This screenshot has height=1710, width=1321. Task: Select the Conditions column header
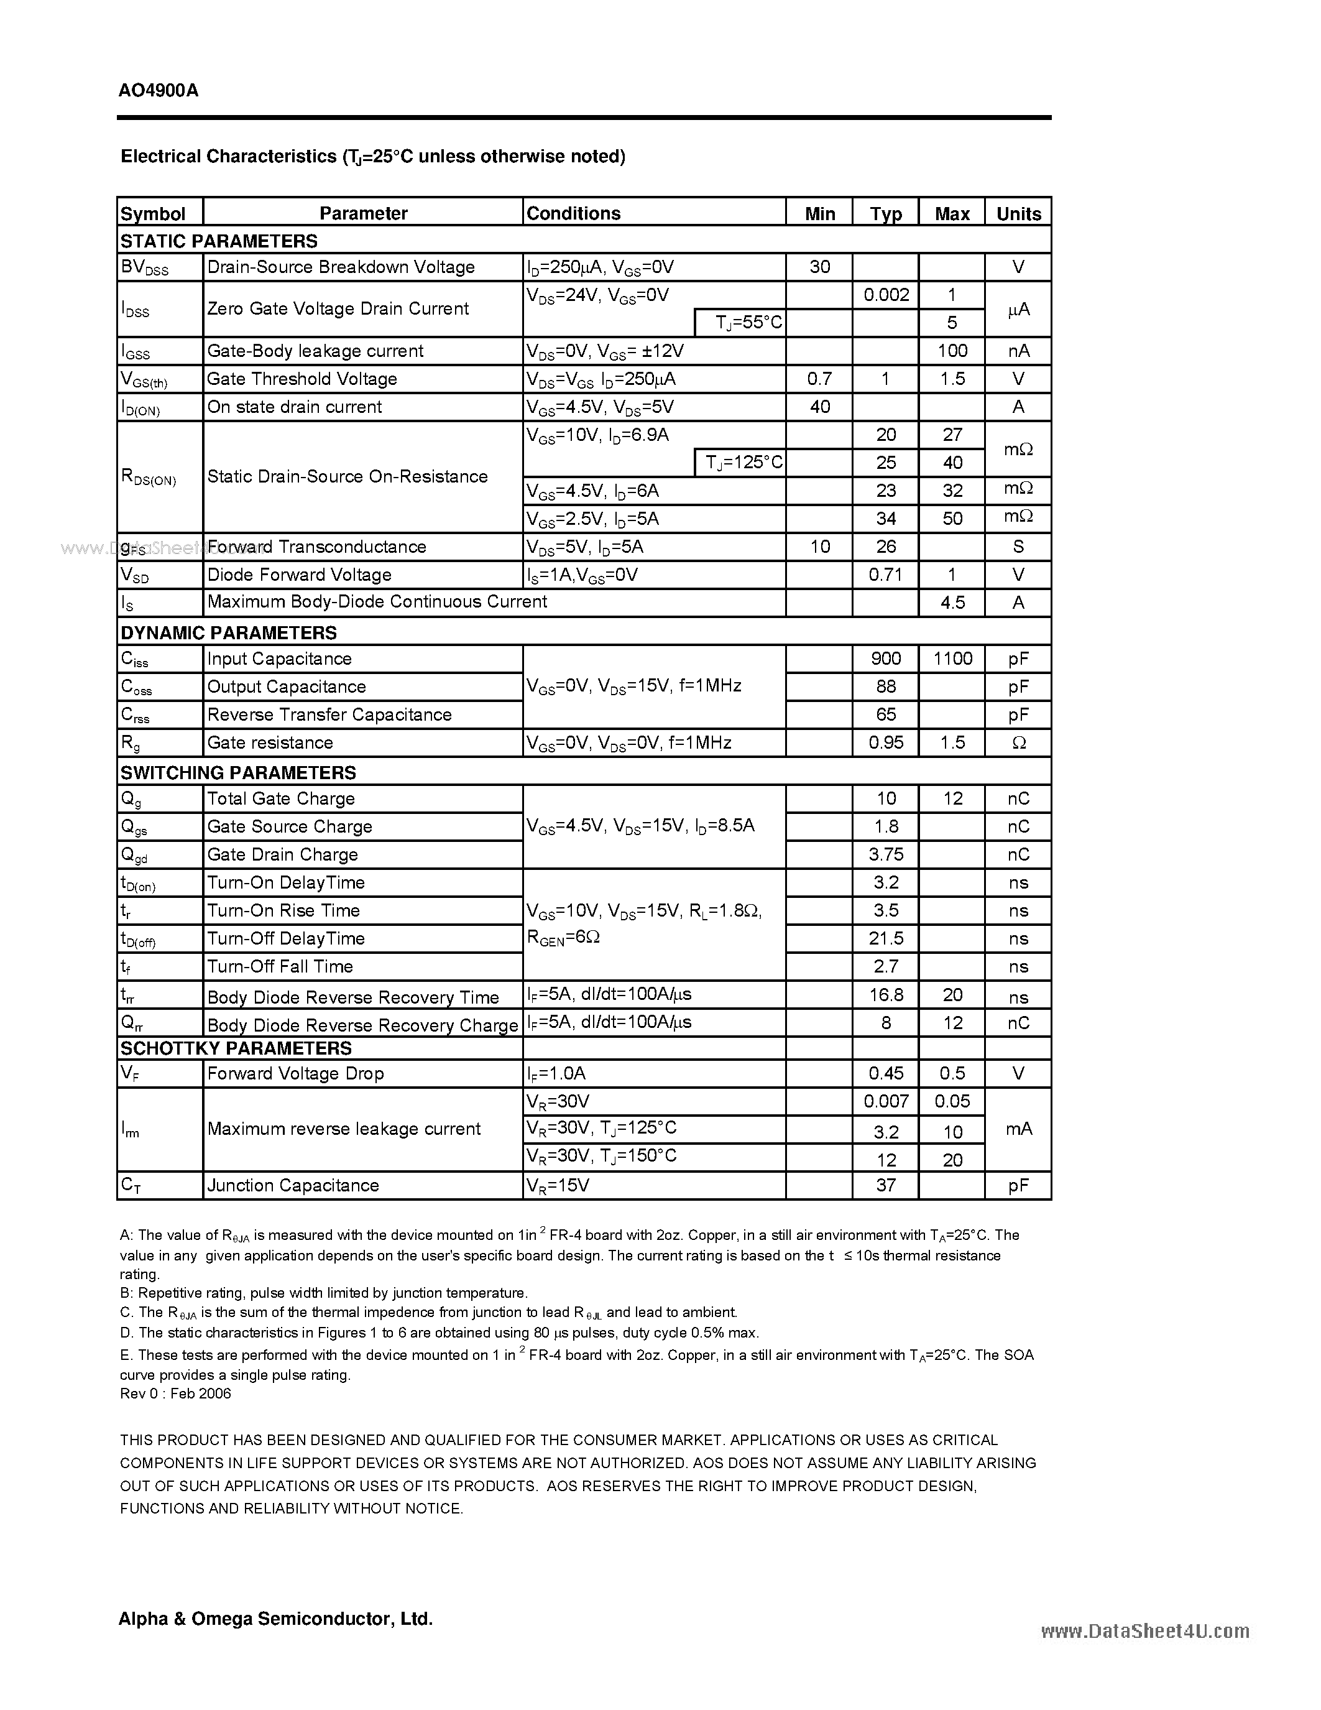point(573,213)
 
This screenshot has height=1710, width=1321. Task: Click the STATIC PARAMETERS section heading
point(219,241)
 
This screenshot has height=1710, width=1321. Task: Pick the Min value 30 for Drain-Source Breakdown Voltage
point(819,267)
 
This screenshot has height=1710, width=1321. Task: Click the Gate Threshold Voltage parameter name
point(302,379)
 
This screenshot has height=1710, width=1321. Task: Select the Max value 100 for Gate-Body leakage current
point(952,351)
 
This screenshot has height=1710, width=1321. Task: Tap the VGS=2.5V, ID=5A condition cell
point(592,519)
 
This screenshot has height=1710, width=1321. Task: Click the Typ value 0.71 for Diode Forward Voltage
point(886,575)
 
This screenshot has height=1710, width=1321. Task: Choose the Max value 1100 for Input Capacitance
point(952,659)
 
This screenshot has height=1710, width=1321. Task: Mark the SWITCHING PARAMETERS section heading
point(238,773)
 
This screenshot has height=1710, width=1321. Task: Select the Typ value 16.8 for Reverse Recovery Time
point(886,995)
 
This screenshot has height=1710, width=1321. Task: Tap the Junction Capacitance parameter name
point(293,1185)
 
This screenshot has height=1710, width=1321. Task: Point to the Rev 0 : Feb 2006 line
point(175,1393)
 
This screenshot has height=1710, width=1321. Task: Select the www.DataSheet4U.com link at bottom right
point(1145,1631)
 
